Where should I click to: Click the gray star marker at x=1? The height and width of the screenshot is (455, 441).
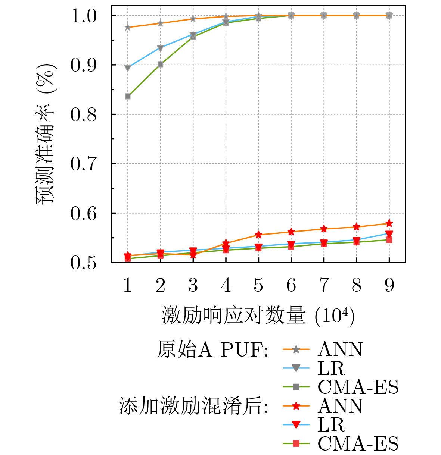tap(128, 27)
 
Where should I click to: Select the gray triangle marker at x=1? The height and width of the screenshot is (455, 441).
tap(128, 68)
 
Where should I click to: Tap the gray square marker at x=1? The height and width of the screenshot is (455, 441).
tap(128, 97)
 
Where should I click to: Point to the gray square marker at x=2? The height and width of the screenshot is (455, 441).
tap(161, 65)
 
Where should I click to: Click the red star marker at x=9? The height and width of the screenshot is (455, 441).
tap(389, 223)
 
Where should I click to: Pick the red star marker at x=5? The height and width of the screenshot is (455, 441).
tap(258, 235)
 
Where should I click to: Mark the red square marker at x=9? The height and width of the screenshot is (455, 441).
tap(389, 240)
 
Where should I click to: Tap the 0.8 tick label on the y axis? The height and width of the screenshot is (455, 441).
tap(84, 115)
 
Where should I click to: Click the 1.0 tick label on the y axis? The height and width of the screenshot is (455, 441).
tap(84, 16)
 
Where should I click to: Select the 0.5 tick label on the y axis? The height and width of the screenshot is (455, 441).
tap(84, 263)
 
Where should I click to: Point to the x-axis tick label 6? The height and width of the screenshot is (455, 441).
tap(291, 285)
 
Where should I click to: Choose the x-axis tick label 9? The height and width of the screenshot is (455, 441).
tap(389, 285)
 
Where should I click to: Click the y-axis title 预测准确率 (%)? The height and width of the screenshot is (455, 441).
tap(46, 134)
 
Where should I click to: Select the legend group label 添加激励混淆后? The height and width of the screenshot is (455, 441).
tap(194, 406)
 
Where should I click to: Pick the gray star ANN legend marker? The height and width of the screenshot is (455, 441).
tap(296, 349)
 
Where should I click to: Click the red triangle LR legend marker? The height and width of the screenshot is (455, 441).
tap(296, 424)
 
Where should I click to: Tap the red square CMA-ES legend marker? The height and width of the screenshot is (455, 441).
tap(296, 443)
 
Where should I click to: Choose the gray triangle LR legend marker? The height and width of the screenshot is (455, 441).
tap(296, 368)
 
